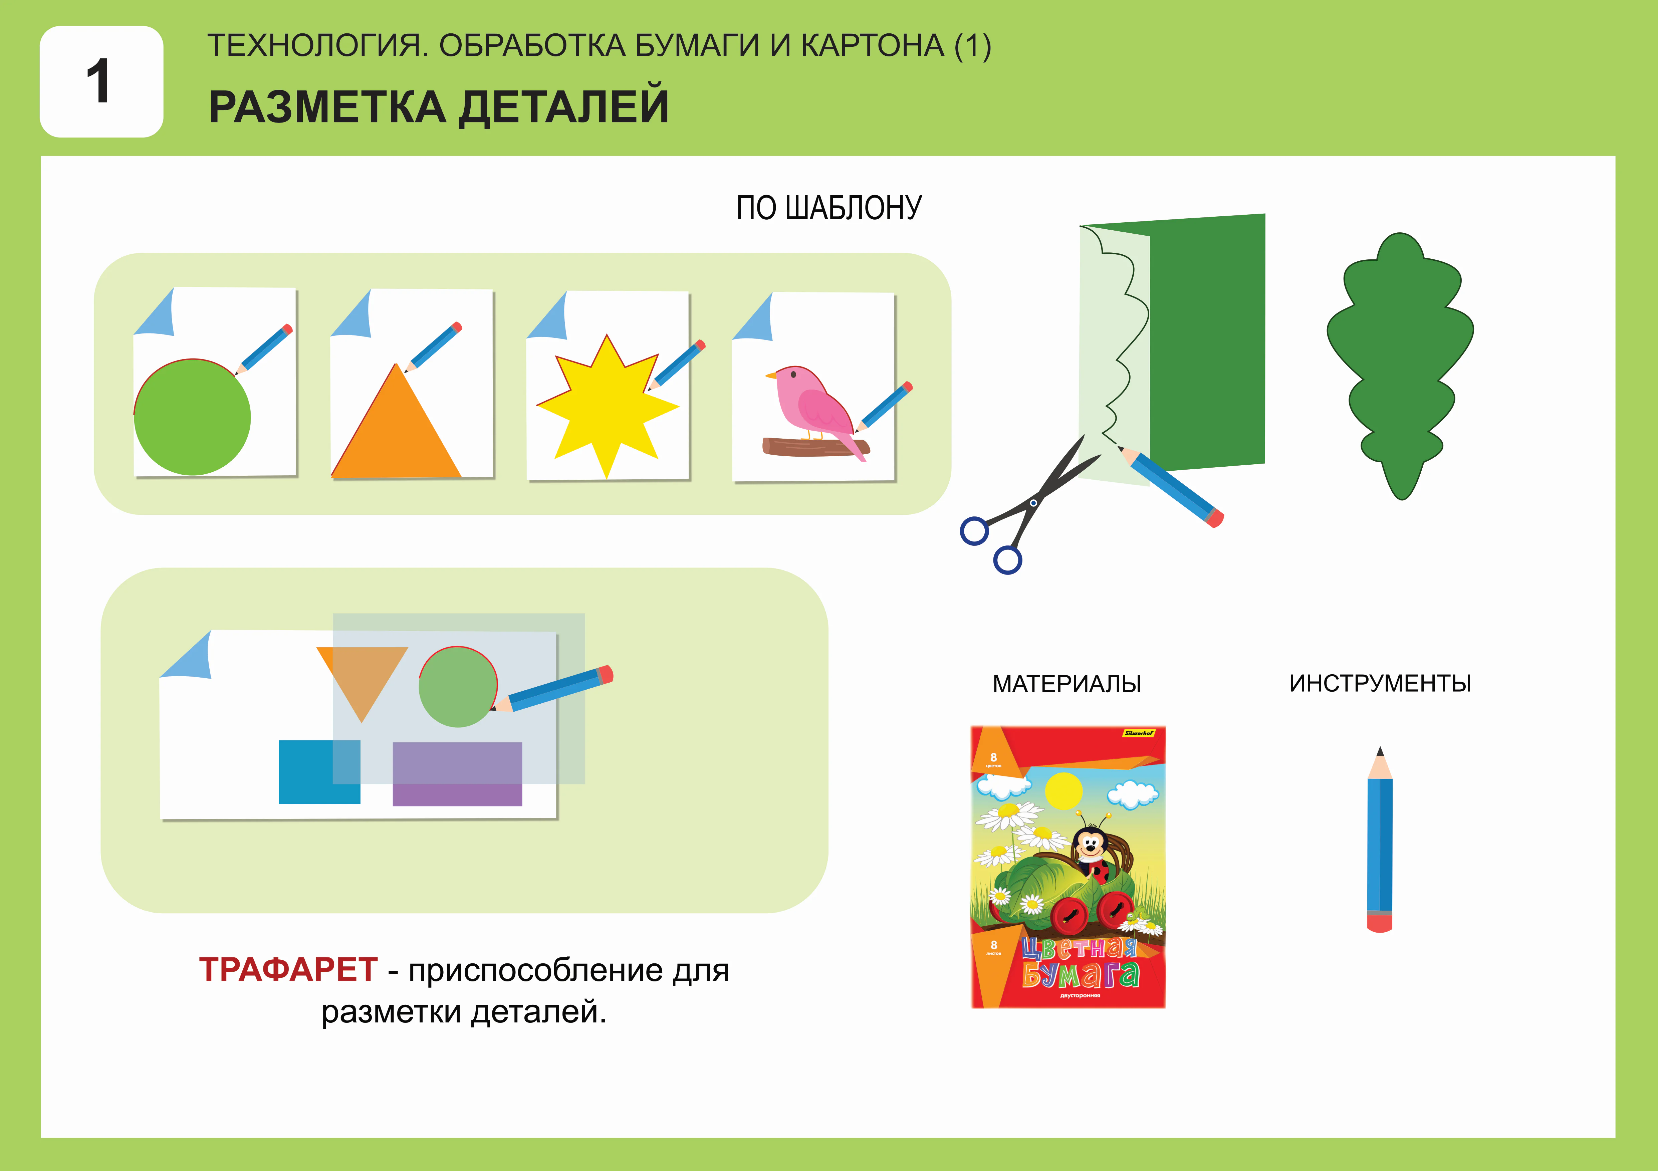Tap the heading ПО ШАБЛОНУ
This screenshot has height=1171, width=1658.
(x=828, y=208)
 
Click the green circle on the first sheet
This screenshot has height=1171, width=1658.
(x=192, y=417)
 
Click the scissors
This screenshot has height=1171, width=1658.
(x=1025, y=509)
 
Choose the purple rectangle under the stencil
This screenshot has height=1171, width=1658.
(x=457, y=774)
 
